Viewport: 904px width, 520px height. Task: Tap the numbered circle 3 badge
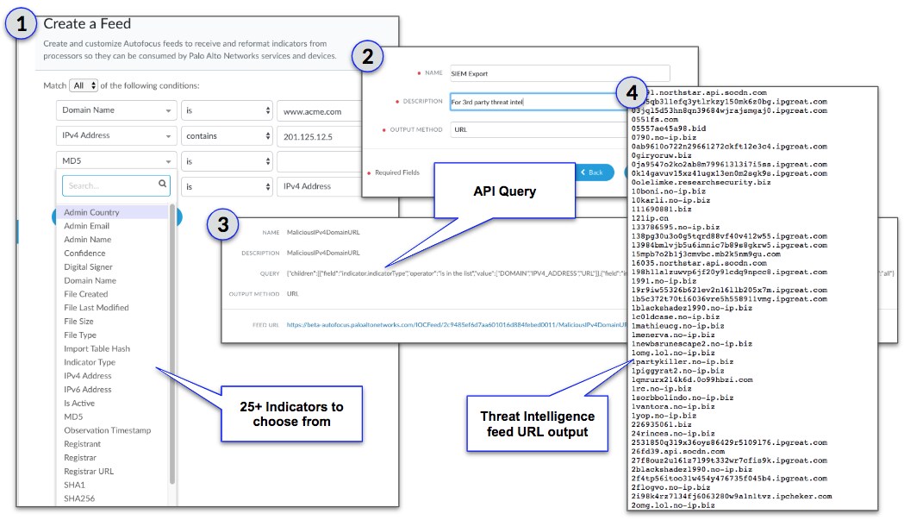coord(223,226)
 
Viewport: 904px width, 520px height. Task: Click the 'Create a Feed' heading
coord(87,24)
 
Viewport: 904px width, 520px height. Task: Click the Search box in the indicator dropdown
coord(115,185)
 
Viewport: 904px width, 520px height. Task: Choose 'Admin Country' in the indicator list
coord(91,212)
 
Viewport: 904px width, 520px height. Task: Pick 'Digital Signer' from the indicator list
coord(90,266)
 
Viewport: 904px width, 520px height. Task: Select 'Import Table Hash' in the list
coord(97,348)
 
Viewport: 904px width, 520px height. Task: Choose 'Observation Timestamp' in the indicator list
coord(107,430)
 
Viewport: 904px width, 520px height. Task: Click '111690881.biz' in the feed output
coord(661,209)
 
